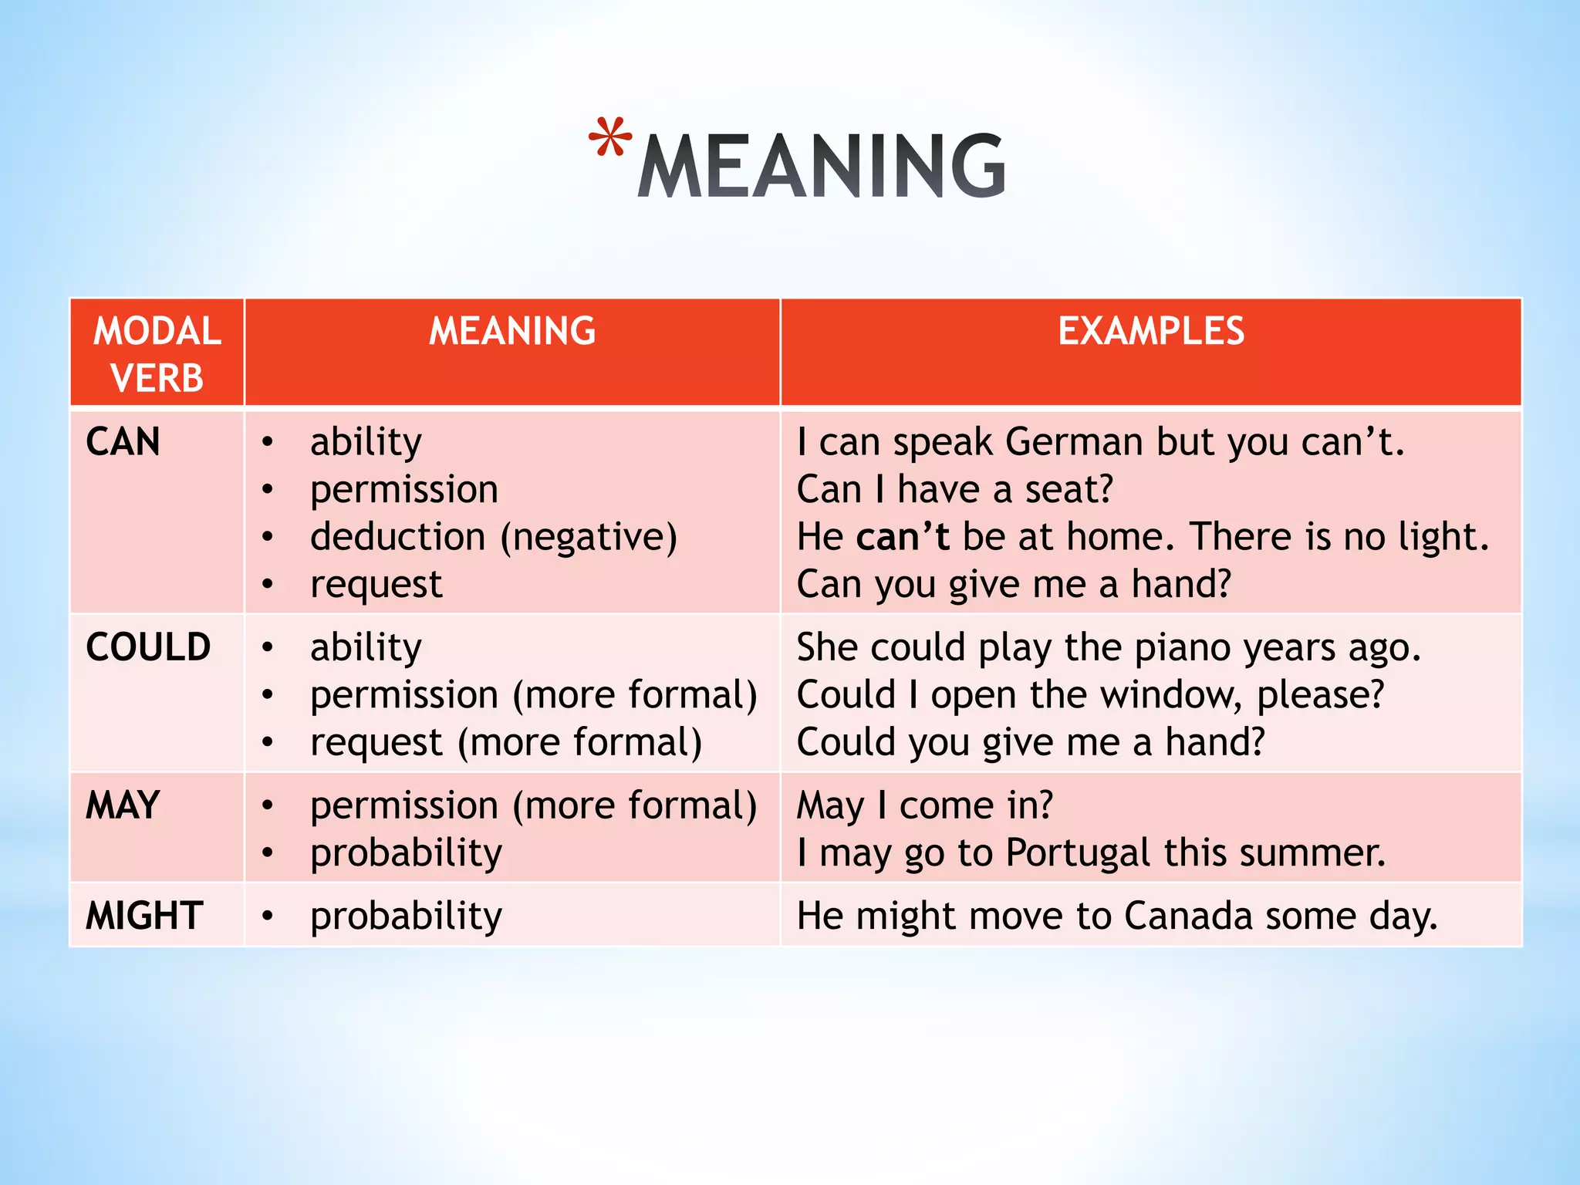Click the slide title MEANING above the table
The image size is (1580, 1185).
[822, 166]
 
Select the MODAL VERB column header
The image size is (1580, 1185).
[157, 354]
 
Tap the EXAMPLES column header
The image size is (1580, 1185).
[1151, 331]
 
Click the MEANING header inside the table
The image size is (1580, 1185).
[512, 331]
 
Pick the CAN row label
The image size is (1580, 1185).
[123, 442]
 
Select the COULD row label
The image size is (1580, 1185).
[148, 647]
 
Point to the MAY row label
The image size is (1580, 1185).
[123, 805]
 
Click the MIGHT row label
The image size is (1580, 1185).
[144, 916]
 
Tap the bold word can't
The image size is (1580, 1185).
[903, 536]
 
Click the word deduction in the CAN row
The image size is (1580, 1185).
[398, 536]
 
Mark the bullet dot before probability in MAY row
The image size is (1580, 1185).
[268, 852]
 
